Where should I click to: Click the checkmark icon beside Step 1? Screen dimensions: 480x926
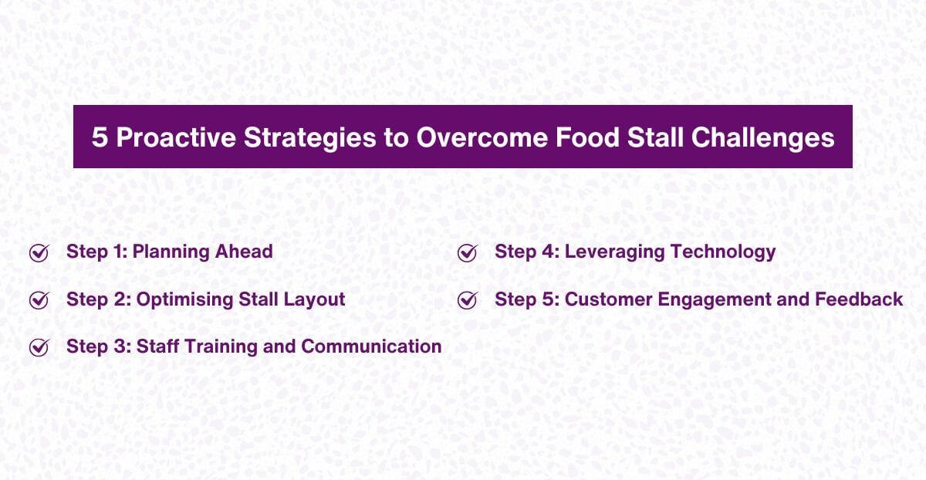click(x=39, y=252)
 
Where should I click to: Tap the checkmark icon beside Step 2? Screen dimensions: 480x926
click(x=39, y=299)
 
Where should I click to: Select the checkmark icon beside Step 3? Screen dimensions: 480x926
click(x=39, y=347)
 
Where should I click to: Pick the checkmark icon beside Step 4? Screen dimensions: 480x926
click(x=467, y=252)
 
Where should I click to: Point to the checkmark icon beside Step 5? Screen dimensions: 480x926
click(x=467, y=299)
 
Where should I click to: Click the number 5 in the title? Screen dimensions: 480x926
click(x=100, y=137)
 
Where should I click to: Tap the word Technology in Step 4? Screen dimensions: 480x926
click(x=724, y=252)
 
